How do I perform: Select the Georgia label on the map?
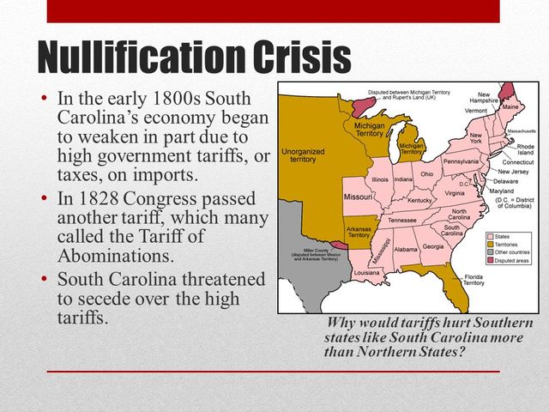(433, 246)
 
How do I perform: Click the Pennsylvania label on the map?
(461, 161)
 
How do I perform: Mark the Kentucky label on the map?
(420, 200)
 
